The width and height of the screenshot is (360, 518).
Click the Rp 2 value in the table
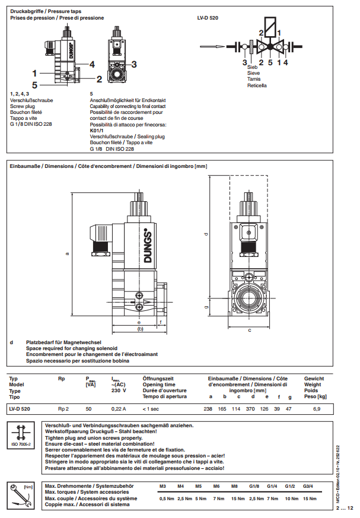(x=63, y=409)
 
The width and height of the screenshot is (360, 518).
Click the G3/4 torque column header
(x=309, y=486)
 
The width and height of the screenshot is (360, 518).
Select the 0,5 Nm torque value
(x=167, y=498)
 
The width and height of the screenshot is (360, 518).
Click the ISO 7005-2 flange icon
(x=23, y=435)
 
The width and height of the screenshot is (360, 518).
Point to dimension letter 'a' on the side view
(x=67, y=253)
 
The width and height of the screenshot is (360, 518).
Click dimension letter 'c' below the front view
(x=249, y=329)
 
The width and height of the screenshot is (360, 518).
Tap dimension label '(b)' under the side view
(x=140, y=328)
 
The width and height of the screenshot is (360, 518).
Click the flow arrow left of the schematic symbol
(x=212, y=46)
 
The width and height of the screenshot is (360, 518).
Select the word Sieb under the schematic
(x=252, y=67)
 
